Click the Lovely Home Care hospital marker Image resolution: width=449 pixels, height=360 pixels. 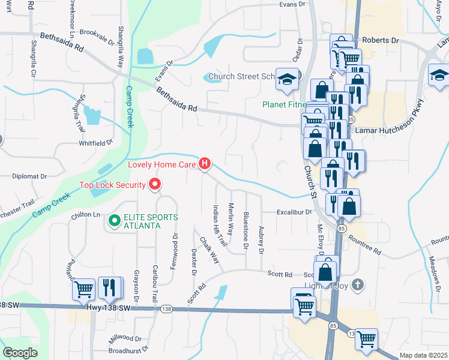tap(205, 163)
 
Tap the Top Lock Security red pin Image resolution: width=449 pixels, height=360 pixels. tap(155, 184)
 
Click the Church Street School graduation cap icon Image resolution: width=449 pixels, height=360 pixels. tap(287, 78)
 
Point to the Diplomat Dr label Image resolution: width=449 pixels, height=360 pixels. tap(30, 176)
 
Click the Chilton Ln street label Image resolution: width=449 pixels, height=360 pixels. tap(85, 214)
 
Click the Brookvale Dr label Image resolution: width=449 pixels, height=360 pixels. tap(97, 37)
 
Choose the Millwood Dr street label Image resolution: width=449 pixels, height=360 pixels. tap(125, 339)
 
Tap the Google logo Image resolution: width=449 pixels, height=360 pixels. tap(20, 353)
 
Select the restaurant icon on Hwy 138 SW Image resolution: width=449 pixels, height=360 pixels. tap(109, 289)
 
